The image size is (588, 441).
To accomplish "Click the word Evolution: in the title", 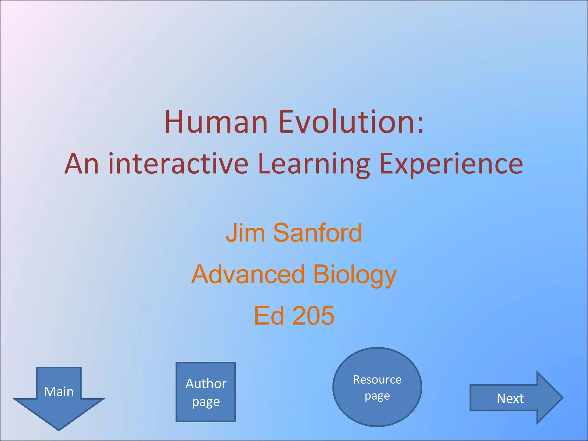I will point(351,122).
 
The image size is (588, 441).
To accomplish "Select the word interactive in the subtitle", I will point(178,164).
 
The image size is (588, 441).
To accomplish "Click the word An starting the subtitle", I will point(82,164).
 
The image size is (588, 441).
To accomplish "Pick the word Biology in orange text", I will point(355,275).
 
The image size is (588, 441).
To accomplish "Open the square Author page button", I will point(206,392).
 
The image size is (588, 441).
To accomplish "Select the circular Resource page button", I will point(377,387).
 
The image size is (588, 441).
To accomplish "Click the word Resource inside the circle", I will point(377,380).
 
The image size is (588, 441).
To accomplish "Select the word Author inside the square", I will point(206,384).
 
